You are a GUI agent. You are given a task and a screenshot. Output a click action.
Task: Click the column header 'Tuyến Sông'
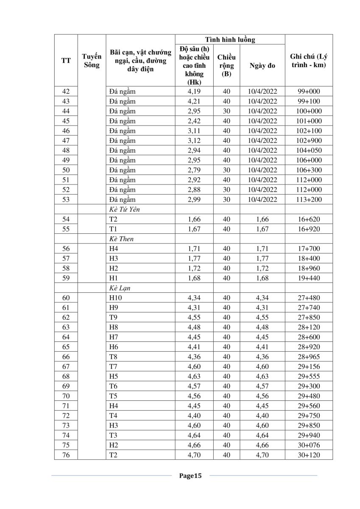tap(92, 61)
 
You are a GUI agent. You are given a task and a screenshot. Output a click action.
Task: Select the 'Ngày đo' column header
tap(262, 65)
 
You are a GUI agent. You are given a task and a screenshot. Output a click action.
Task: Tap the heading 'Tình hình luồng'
tap(230, 39)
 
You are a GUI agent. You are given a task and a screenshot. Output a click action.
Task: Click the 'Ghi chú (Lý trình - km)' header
tap(309, 61)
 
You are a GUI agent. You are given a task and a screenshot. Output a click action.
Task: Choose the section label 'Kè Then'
tap(121, 239)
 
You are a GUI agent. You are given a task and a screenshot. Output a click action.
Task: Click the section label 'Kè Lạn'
tap(120, 288)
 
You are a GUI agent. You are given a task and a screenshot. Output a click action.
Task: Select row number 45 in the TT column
tap(66, 121)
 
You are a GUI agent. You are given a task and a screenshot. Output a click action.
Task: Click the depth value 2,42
tap(194, 121)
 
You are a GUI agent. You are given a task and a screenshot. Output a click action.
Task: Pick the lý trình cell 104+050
tap(309, 150)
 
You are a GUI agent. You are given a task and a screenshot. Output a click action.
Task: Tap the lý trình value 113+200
tap(309, 199)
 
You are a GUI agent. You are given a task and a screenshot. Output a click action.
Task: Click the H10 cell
tap(115, 298)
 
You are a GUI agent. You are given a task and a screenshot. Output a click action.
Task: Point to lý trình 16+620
tap(309, 219)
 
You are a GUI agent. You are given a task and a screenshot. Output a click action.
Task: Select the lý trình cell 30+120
tap(309, 455)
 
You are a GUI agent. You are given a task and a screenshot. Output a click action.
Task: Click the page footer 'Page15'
tap(190, 476)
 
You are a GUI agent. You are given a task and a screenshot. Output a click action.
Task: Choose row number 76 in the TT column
tap(66, 455)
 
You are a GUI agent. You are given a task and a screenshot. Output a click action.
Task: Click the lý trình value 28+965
tap(309, 357)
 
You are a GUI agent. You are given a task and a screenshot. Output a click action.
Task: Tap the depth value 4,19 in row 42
tap(194, 91)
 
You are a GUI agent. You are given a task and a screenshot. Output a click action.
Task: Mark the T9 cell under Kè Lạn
tap(113, 317)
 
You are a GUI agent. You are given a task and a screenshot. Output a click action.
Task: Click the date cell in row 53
tap(262, 199)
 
